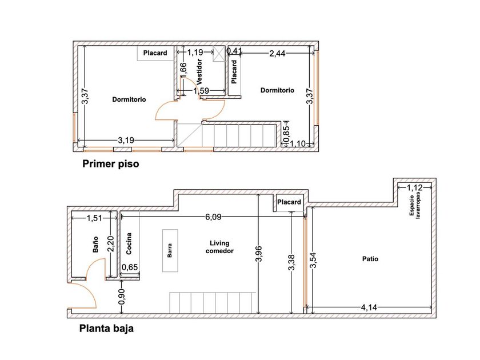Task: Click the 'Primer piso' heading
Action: click(x=110, y=164)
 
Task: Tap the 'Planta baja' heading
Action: click(x=106, y=329)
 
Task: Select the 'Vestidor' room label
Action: click(x=199, y=71)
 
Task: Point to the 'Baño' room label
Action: click(x=95, y=245)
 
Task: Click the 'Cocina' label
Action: click(x=129, y=243)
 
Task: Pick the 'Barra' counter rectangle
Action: click(x=170, y=250)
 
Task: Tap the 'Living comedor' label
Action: click(x=219, y=247)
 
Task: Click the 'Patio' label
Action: click(x=370, y=259)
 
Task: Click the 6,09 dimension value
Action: click(x=213, y=217)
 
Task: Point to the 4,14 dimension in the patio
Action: click(x=369, y=307)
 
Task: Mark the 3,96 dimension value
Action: click(x=259, y=254)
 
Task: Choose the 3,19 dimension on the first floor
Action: click(x=126, y=140)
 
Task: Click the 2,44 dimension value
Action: click(x=277, y=54)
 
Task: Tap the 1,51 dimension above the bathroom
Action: click(x=95, y=218)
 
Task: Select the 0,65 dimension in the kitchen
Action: click(x=130, y=267)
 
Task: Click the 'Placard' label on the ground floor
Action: click(x=289, y=202)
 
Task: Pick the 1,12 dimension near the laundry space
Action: click(x=414, y=187)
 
